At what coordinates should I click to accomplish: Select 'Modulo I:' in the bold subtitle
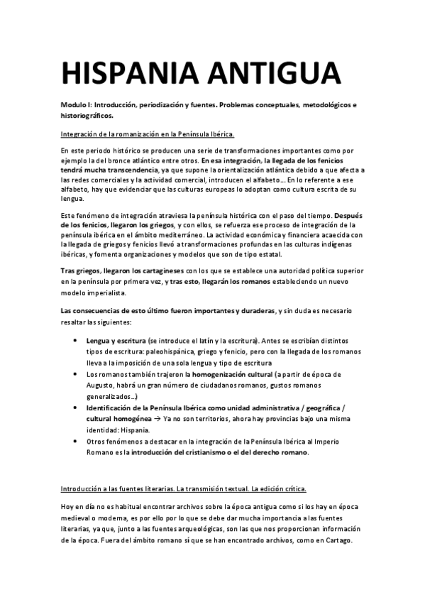click(x=76, y=105)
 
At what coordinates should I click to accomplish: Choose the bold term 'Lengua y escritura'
click(x=116, y=341)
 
